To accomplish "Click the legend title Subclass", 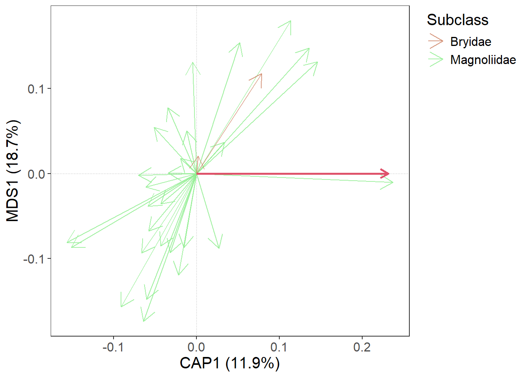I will click(x=457, y=20).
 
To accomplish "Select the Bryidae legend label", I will click(x=471, y=42).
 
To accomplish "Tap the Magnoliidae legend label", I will click(x=483, y=60).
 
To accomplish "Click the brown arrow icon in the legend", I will click(x=436, y=41).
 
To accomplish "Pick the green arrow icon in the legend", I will click(x=436, y=60).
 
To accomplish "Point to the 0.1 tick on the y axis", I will click(x=36, y=89).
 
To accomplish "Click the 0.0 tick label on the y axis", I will click(x=36, y=174).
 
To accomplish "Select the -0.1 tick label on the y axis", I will click(x=34, y=259).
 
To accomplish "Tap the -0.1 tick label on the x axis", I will click(x=113, y=347).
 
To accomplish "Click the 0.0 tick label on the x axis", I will click(x=196, y=347).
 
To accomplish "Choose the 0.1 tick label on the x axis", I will click(x=279, y=347).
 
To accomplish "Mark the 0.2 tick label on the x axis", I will click(x=362, y=347).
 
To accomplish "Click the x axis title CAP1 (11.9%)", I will click(x=230, y=363).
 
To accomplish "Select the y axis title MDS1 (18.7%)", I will click(x=13, y=171).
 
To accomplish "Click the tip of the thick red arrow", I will click(x=389, y=174).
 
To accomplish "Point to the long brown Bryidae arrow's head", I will click(x=261, y=74).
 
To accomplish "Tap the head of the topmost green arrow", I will click(x=291, y=21).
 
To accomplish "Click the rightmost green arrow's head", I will click(x=392, y=182).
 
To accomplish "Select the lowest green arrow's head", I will click(x=144, y=321).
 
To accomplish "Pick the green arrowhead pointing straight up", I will click(x=192, y=63).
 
